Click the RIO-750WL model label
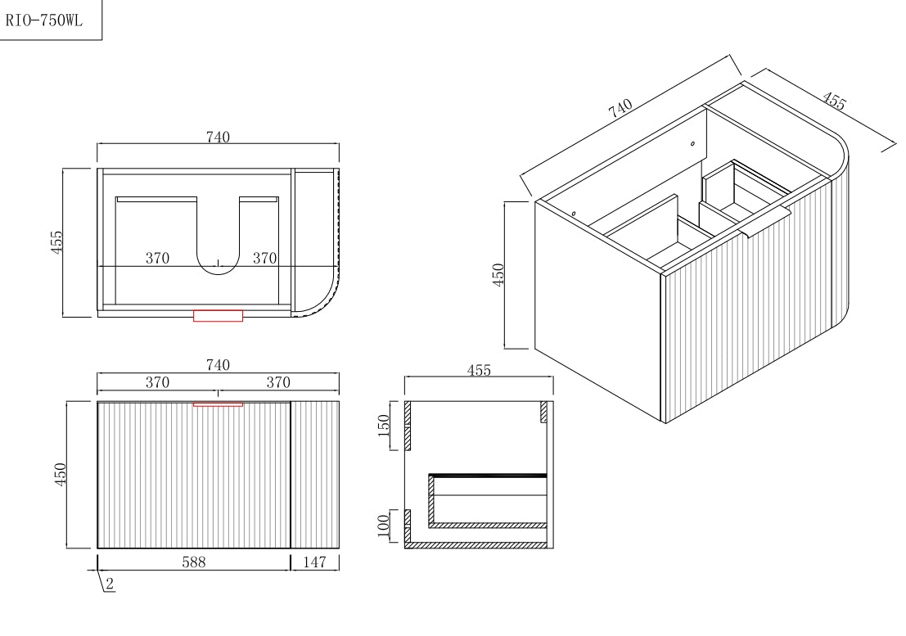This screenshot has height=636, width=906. [44, 21]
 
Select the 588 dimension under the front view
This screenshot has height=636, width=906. [194, 562]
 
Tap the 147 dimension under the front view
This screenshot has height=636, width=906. [314, 562]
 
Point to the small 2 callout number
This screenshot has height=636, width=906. [110, 584]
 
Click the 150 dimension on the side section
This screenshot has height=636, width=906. [384, 426]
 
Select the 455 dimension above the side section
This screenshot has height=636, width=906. [479, 371]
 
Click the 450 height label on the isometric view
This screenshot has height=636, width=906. [498, 274]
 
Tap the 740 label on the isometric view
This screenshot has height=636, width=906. [621, 109]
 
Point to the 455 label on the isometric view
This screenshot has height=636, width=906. [833, 101]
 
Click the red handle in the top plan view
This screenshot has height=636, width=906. [218, 316]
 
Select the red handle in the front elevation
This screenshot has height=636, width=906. [218, 404]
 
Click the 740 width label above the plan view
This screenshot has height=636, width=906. [218, 138]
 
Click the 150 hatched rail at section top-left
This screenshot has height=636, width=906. [407, 426]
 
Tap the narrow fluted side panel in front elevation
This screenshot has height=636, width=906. [315, 475]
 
